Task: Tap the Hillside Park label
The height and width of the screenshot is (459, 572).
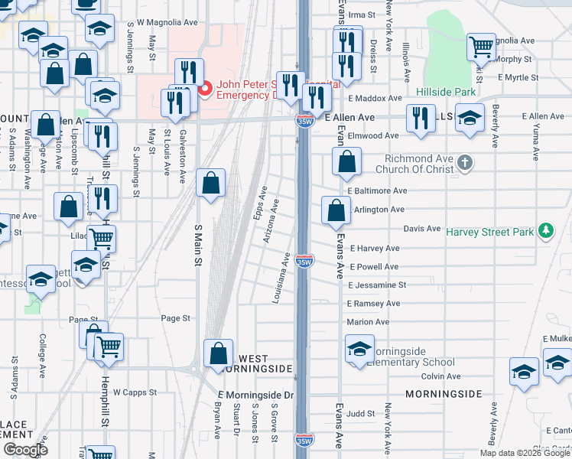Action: (x=446, y=92)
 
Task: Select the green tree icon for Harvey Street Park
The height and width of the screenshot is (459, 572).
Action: (x=545, y=229)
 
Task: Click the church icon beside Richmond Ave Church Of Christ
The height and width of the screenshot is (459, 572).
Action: (x=466, y=162)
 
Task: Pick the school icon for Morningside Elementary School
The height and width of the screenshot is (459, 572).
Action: (x=359, y=349)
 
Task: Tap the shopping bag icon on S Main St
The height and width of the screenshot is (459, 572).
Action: (x=211, y=184)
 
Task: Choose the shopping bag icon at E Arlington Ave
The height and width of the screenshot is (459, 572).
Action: (x=336, y=210)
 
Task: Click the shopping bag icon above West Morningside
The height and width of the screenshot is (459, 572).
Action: (x=219, y=353)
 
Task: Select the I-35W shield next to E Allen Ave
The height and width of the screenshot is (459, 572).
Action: (x=303, y=119)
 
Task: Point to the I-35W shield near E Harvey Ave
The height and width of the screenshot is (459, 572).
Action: (x=304, y=262)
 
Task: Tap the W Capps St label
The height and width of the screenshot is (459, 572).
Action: (x=135, y=392)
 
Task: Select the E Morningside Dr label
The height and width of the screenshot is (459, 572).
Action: (x=255, y=395)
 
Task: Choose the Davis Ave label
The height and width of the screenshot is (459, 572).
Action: (x=421, y=229)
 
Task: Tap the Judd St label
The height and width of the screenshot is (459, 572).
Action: (x=360, y=414)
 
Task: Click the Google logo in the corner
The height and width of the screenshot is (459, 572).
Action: (x=25, y=449)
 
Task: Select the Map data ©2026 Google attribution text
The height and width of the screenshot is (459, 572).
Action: (x=525, y=453)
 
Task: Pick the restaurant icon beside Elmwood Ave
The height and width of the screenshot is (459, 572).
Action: (x=421, y=119)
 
